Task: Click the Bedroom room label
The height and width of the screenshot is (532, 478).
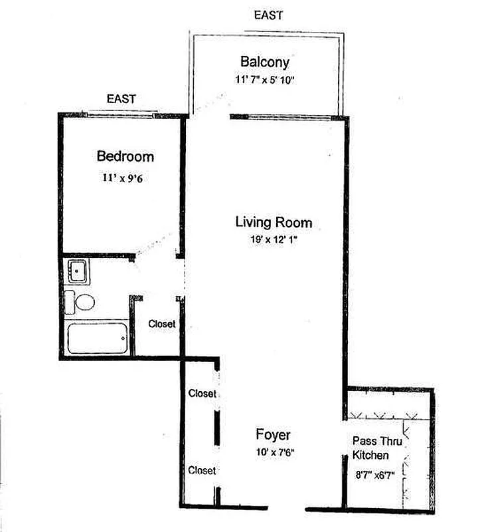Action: pyautogui.click(x=125, y=156)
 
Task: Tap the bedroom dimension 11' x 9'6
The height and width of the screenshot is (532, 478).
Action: pyautogui.click(x=123, y=178)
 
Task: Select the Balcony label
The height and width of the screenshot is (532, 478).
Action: pyautogui.click(x=265, y=62)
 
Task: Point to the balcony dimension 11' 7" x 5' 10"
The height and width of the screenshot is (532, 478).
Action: pyautogui.click(x=265, y=80)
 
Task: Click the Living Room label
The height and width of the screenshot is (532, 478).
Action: pyautogui.click(x=274, y=222)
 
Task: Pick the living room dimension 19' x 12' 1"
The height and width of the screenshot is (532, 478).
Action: pyautogui.click(x=274, y=239)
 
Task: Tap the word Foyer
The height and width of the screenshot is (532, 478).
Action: pyautogui.click(x=273, y=436)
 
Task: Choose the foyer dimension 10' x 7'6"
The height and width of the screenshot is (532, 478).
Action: pyautogui.click(x=275, y=452)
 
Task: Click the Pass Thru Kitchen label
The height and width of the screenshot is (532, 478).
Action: pyautogui.click(x=377, y=448)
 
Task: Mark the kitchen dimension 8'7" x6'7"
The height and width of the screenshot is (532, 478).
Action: pyautogui.click(x=374, y=475)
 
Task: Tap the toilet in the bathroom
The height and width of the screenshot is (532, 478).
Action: pyautogui.click(x=80, y=302)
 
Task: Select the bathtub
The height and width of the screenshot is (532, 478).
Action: pyautogui.click(x=98, y=338)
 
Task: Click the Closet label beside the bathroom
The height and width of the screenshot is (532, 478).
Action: pyautogui.click(x=161, y=324)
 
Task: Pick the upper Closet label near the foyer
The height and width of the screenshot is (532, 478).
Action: pyautogui.click(x=202, y=394)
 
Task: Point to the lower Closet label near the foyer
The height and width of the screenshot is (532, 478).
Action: pyautogui.click(x=202, y=471)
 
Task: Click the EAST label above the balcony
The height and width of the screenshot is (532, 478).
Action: pyautogui.click(x=268, y=15)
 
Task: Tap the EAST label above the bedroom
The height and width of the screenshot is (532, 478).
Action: pyautogui.click(x=121, y=99)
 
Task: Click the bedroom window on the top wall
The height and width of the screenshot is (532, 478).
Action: pyautogui.click(x=120, y=115)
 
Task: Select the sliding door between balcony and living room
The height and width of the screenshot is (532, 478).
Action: pyautogui.click(x=281, y=117)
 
